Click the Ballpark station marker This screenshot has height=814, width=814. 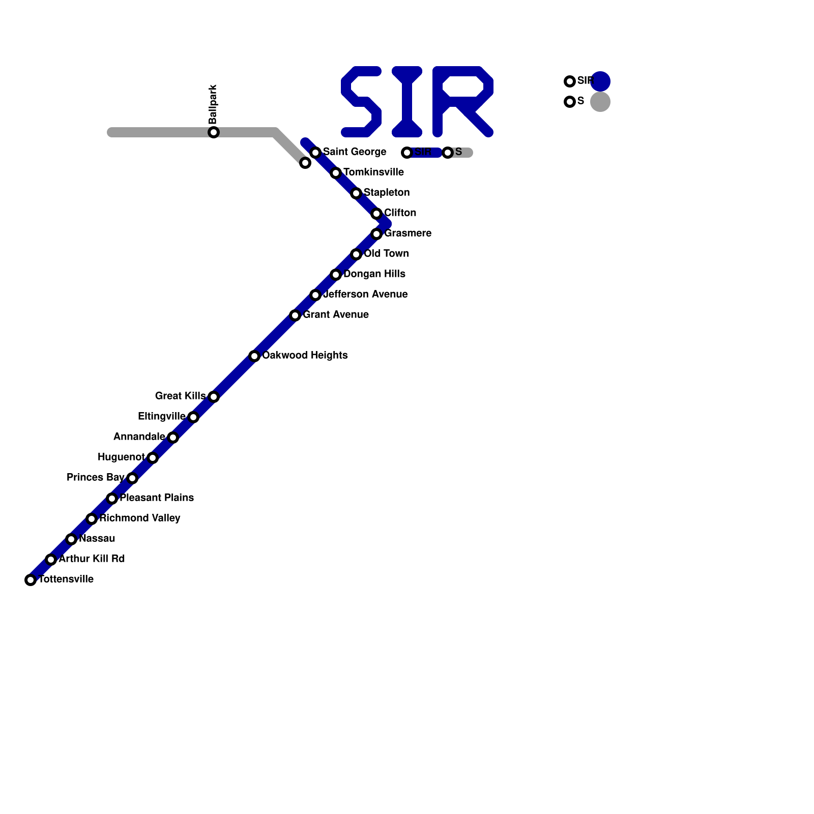pos(214,132)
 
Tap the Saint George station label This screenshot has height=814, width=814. pos(355,152)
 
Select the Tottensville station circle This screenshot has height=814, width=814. pos(31,580)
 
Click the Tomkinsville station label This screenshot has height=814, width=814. pos(373,172)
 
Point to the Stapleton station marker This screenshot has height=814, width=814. pos(356,193)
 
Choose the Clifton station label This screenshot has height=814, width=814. pos(400,213)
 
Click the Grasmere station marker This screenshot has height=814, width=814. pos(376,234)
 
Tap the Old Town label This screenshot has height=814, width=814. pos(386,253)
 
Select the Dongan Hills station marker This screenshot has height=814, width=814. pos(336,275)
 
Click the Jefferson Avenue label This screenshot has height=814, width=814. pos(365,294)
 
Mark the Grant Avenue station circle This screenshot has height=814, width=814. pos(295,315)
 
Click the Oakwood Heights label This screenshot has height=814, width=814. pos(305,355)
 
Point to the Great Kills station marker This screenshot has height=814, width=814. pos(214,397)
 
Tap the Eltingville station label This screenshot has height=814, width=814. pos(162,416)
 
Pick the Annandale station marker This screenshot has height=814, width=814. pos(173,438)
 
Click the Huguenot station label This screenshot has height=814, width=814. pos(121,457)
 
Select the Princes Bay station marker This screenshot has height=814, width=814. pos(132,478)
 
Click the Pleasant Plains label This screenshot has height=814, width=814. pos(157,498)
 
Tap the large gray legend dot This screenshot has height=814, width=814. pos(600,102)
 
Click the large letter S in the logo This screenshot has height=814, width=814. pos(361,102)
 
